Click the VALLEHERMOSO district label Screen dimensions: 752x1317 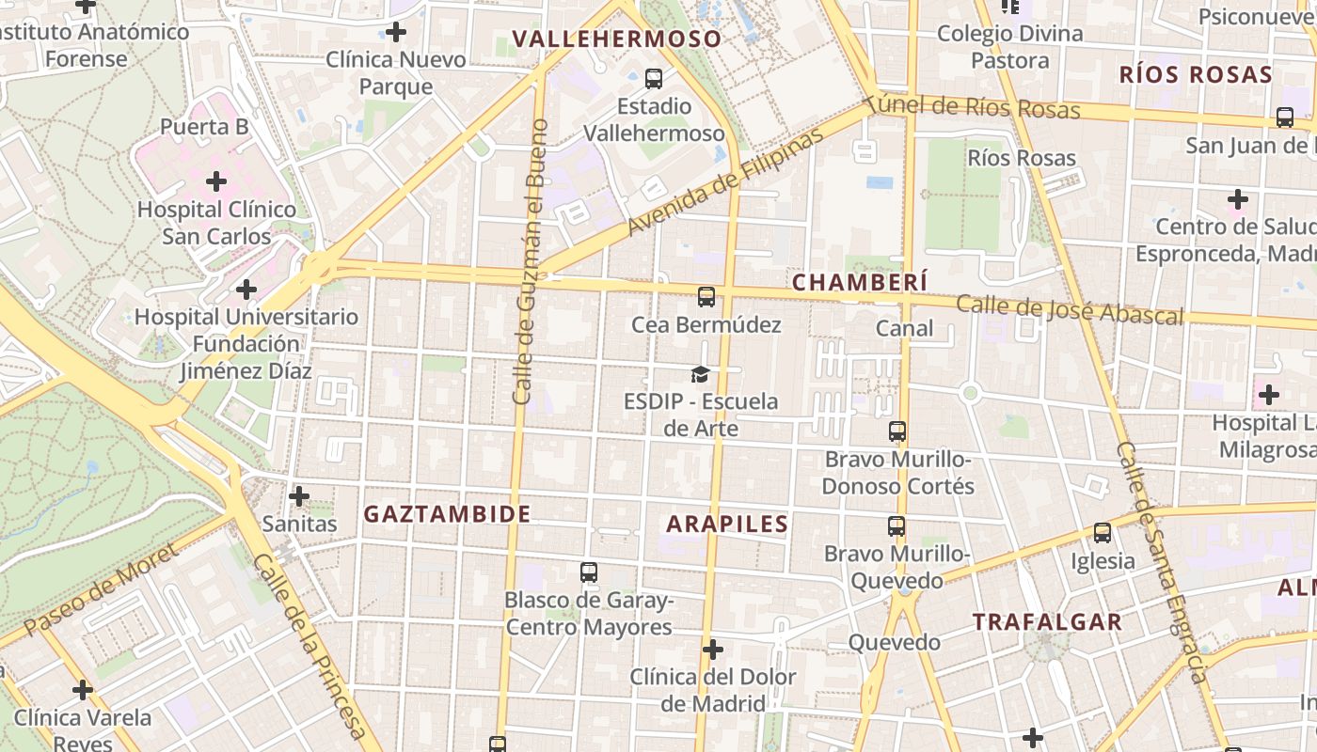point(617,39)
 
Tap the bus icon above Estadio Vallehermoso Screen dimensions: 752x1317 point(654,78)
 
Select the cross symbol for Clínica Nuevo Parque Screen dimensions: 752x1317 point(396,32)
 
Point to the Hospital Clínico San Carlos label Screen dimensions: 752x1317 point(216,222)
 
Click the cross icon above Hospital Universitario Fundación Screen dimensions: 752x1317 point(246,290)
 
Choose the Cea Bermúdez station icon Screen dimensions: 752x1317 point(706,297)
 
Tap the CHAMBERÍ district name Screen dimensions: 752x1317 point(860,282)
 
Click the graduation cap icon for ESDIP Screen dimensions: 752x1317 point(700,375)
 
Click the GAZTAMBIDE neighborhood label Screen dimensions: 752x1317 point(448,514)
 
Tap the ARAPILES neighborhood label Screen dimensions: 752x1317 point(727,524)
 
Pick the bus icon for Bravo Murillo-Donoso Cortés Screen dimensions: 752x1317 point(897,431)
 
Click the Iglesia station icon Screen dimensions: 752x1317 point(1103,533)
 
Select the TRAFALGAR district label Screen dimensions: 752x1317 point(1048,621)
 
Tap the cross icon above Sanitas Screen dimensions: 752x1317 point(299,495)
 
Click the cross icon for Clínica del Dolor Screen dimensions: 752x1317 point(713,650)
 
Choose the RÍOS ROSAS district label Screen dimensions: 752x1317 point(1196,75)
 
